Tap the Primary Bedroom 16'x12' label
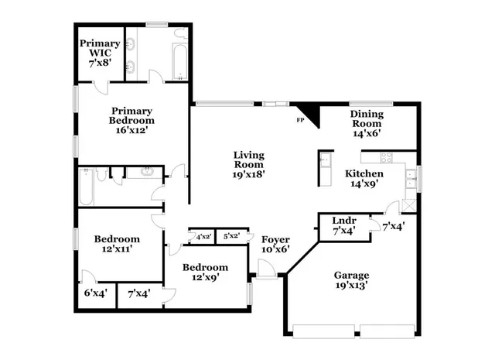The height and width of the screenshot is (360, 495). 131,120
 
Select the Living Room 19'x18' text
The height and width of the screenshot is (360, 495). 250,164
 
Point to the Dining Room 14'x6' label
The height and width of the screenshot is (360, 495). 367,123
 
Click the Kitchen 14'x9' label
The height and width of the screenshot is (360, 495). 364,179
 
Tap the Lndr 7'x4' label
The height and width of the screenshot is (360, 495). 343,225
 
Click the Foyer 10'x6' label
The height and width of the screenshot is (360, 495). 275,244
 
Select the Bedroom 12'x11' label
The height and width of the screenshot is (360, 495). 116,245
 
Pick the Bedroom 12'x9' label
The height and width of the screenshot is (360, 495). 205,273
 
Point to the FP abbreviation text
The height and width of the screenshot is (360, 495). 300,121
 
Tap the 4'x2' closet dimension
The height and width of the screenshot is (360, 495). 203,236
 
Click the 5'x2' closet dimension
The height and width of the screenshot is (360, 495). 231,236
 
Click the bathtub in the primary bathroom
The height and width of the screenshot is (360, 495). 179,56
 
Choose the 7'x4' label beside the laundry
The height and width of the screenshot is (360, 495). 392,226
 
